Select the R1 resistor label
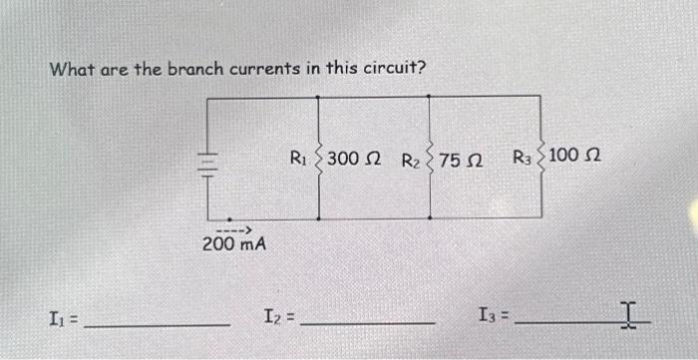click(298, 157)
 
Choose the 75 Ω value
click(463, 159)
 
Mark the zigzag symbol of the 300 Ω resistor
click(319, 158)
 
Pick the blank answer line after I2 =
click(367, 323)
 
